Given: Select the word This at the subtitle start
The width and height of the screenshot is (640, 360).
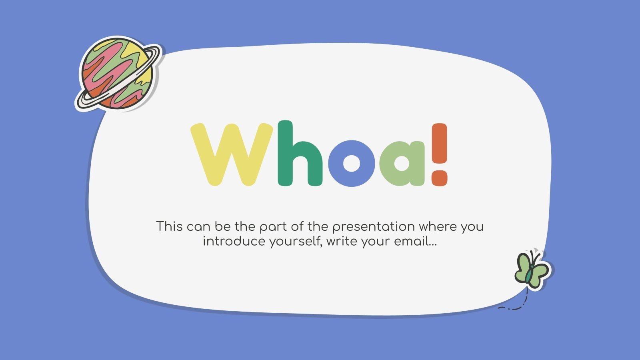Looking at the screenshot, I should [x=169, y=226].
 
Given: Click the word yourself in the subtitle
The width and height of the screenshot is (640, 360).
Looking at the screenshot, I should [x=295, y=242].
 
